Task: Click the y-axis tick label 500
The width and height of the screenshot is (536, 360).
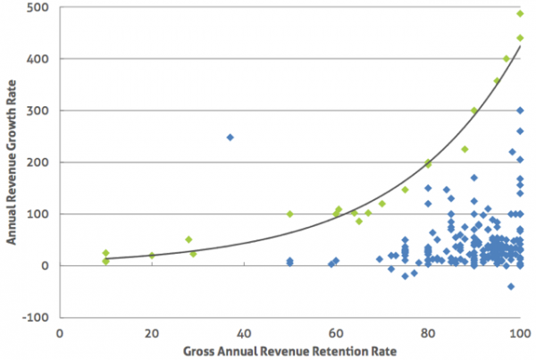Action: pos(42,8)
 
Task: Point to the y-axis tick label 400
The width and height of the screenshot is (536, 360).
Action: pos(42,59)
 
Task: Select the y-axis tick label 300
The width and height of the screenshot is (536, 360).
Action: pos(42,111)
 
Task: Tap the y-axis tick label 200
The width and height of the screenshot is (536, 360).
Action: pos(42,163)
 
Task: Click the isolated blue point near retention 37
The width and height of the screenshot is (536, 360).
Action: pos(230,138)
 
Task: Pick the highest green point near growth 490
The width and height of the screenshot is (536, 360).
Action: pos(520,13)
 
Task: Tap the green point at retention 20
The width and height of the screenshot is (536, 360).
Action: pos(152,255)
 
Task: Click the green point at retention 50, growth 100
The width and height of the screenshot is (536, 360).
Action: pos(289,214)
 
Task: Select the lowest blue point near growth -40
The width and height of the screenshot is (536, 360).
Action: pos(511,286)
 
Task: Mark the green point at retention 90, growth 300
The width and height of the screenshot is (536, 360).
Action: pos(474,111)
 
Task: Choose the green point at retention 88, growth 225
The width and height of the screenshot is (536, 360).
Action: pos(465,149)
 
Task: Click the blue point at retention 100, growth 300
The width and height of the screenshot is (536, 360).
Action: pos(520,111)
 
